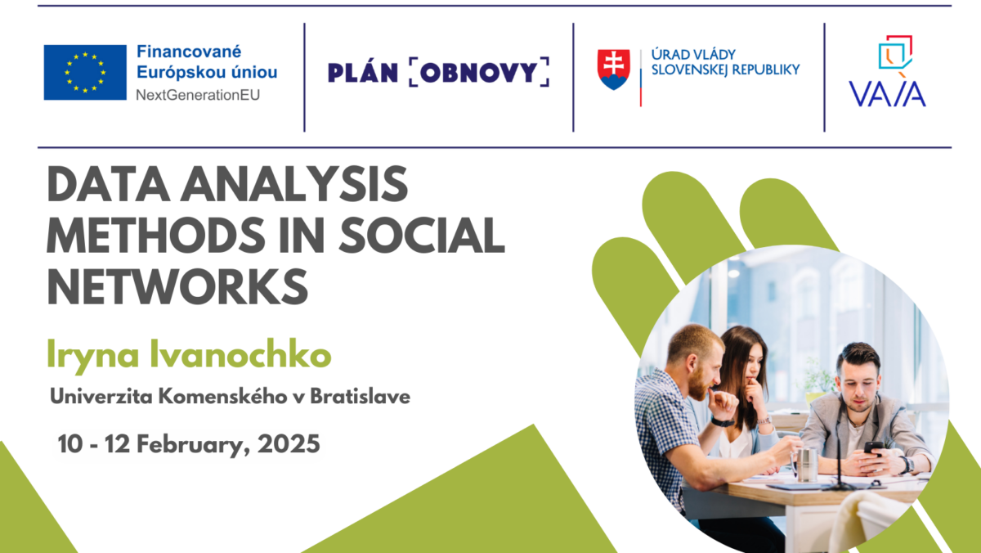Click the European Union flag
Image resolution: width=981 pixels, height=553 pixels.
(85, 72)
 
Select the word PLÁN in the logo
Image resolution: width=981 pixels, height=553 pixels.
(363, 72)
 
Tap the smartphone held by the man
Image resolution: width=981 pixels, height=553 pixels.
(873, 448)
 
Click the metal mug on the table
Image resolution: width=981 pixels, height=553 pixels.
(806, 464)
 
